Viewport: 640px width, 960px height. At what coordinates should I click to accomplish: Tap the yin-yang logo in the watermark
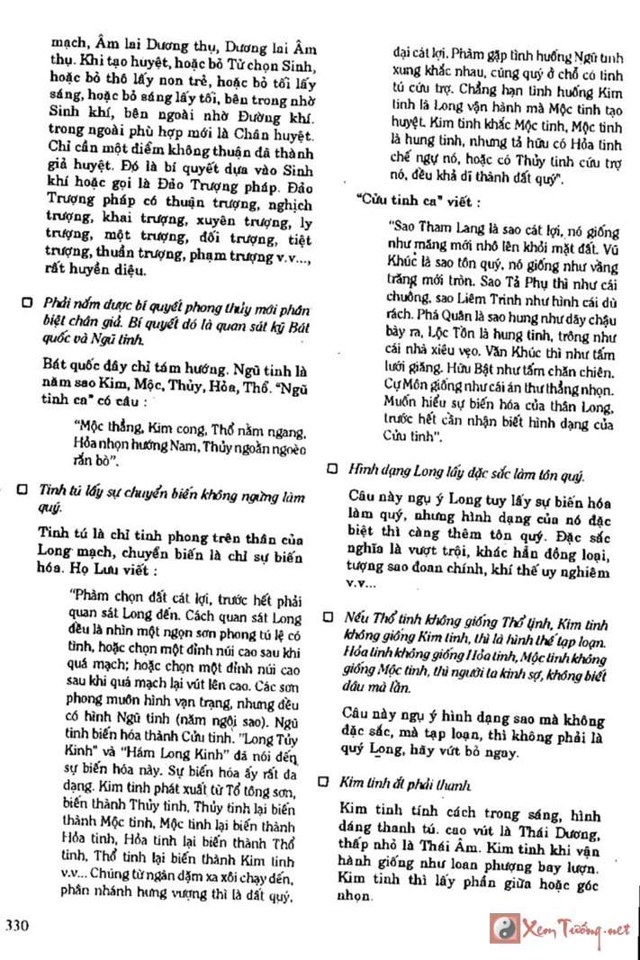504,928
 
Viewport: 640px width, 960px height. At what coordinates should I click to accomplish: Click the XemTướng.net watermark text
575,929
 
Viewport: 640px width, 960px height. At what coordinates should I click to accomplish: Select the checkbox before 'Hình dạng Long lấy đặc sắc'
332,470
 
